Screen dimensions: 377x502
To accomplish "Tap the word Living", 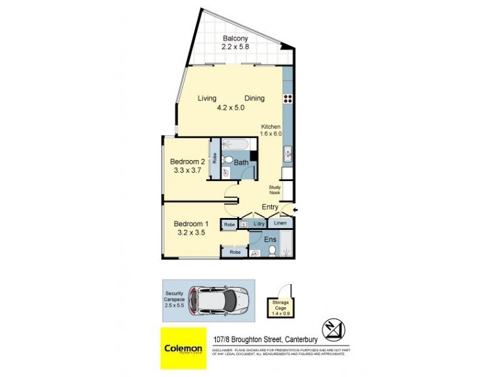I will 207,98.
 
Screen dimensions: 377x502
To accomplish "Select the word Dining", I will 254,98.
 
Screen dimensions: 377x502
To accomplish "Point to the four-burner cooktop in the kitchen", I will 288,98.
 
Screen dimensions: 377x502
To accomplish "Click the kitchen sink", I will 288,152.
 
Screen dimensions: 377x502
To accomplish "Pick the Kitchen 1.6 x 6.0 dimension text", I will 271,130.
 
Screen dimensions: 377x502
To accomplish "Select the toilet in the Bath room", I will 229,158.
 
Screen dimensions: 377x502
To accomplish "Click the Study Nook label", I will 275,190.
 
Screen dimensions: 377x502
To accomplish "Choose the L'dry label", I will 258,224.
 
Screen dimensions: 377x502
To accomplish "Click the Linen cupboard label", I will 280,224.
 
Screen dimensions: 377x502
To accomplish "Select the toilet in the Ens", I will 272,251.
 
